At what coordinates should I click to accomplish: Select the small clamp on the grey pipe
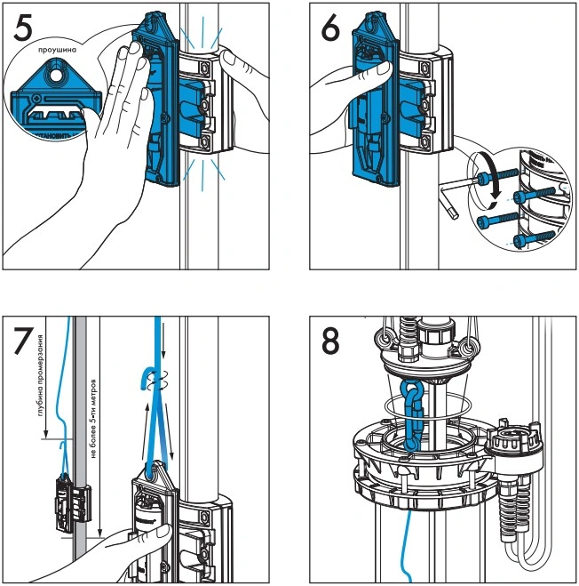tap(70, 497)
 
